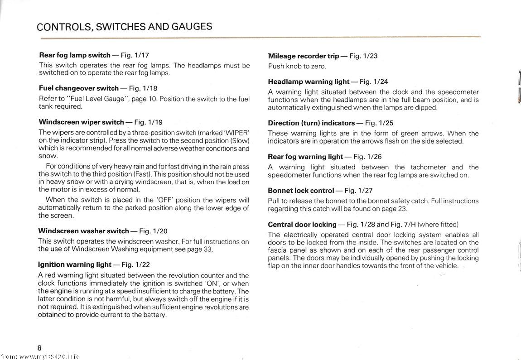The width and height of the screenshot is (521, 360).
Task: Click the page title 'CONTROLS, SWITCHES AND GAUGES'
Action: pos(124,27)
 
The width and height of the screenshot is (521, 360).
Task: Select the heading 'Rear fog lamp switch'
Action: pos(75,55)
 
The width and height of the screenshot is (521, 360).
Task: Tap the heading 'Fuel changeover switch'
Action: pos(79,88)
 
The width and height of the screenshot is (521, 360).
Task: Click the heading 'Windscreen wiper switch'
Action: pos(82,122)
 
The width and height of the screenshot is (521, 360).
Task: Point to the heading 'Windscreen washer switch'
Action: pos(84,231)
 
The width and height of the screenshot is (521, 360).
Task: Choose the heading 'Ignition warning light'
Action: pos(75,264)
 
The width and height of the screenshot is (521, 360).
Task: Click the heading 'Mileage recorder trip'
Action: pos(304,56)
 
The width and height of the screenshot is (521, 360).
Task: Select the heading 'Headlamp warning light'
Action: pos(309,82)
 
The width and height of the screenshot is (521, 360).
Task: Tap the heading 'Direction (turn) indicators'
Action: pos(311,123)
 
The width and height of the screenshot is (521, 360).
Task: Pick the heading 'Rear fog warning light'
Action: pos(305,157)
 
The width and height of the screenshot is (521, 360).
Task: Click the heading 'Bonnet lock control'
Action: pos(301,191)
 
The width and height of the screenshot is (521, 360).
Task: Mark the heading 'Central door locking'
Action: pos(302,225)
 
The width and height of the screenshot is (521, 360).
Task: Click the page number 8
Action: pos(40,348)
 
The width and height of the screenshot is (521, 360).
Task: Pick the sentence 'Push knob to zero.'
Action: pos(297,66)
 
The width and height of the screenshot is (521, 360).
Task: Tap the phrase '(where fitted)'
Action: pos(438,225)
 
